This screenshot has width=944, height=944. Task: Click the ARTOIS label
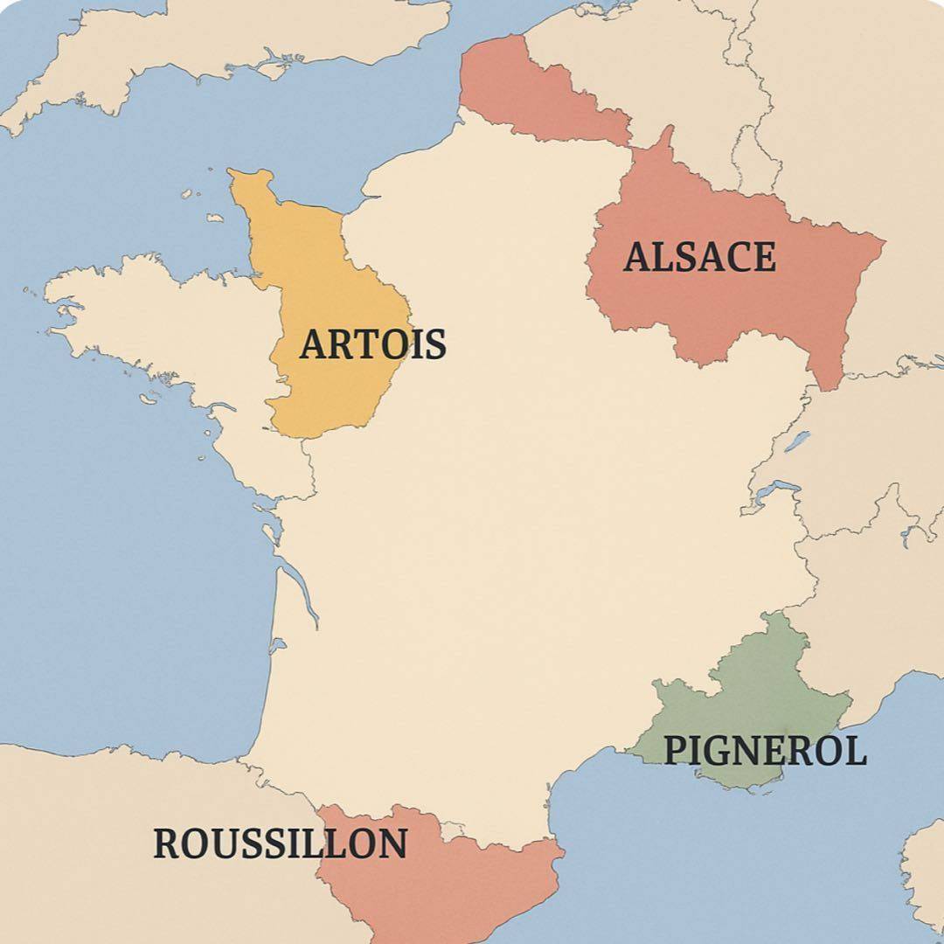coord(372,344)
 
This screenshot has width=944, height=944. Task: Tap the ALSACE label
coord(699,257)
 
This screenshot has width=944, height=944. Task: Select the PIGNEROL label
coord(765,751)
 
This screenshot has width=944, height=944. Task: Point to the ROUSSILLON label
coord(280,843)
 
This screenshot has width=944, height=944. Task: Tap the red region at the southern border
coord(437,883)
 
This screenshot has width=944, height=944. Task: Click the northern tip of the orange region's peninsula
coord(249,175)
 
